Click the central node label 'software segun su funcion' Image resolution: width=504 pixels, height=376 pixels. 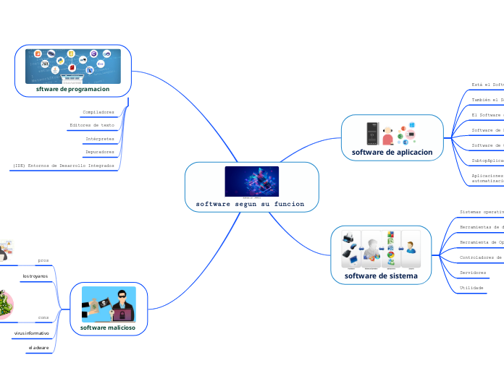tap(251, 205)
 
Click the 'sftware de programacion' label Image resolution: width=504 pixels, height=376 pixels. tap(72, 90)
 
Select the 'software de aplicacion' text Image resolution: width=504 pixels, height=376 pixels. tap(392, 153)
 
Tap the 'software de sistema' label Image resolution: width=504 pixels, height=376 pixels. tap(380, 275)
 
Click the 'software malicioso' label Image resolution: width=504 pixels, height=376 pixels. tap(109, 328)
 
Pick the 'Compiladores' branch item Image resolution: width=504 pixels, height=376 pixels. tap(98, 112)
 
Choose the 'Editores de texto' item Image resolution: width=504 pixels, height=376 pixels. tap(91, 125)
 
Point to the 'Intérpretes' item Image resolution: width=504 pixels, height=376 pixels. tap(99, 138)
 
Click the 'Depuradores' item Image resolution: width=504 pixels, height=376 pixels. tap(99, 152)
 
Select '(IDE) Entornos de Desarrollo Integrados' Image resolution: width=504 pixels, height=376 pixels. tap(63, 166)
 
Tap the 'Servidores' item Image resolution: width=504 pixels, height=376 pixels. tap(473, 273)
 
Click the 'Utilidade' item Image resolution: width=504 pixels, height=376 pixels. tap(471, 287)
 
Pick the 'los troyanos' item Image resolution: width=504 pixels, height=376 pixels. tap(35, 276)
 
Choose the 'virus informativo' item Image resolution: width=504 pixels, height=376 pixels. tap(32, 333)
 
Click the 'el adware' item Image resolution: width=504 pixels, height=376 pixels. tap(39, 348)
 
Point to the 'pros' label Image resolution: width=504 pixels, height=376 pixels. tap(43, 260)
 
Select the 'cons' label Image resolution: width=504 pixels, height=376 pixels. tap(43, 317)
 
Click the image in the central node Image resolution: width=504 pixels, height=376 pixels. tap(251, 181)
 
